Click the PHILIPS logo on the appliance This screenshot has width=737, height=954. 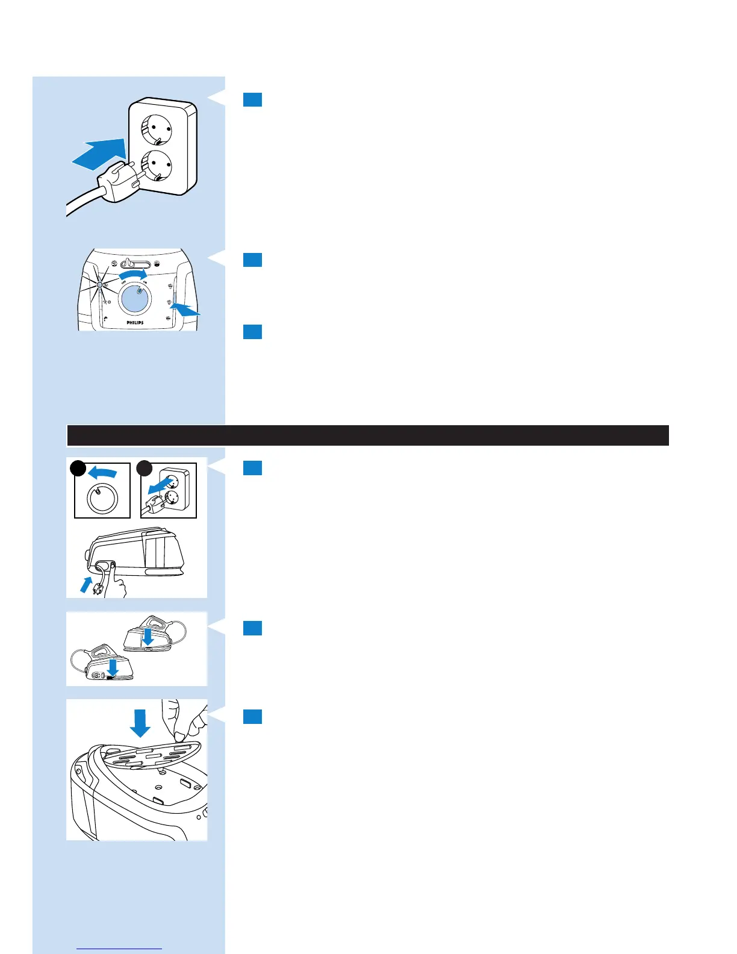click(135, 323)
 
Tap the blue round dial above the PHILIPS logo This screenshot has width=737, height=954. click(134, 298)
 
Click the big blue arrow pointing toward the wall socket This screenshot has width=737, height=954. click(99, 151)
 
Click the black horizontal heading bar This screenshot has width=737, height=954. click(367, 435)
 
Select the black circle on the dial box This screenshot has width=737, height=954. click(78, 469)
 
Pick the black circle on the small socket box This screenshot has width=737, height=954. click(144, 469)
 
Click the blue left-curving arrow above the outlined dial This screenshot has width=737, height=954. click(102, 473)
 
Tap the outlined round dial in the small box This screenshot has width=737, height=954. click(102, 498)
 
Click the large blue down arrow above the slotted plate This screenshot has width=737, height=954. click(140, 723)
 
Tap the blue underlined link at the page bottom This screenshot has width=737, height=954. click(120, 949)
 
